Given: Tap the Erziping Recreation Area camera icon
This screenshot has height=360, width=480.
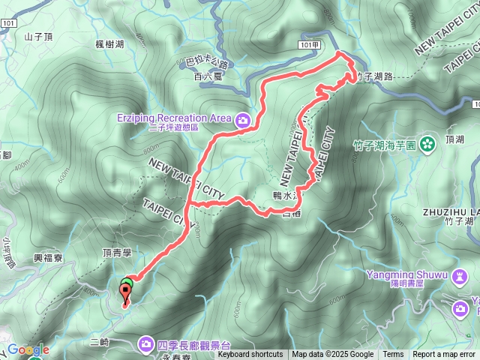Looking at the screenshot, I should click(243, 118).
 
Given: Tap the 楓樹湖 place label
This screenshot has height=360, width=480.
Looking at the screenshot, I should click(110, 46).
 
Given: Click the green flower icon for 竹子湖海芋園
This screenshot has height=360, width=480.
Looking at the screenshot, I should click(427, 142).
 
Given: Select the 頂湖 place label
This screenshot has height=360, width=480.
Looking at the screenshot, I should click(454, 139).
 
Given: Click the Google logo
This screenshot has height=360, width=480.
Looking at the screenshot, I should click(28, 349).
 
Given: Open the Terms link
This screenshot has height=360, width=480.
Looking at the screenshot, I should click(393, 355).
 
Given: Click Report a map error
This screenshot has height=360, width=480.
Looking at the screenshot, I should click(444, 355).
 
